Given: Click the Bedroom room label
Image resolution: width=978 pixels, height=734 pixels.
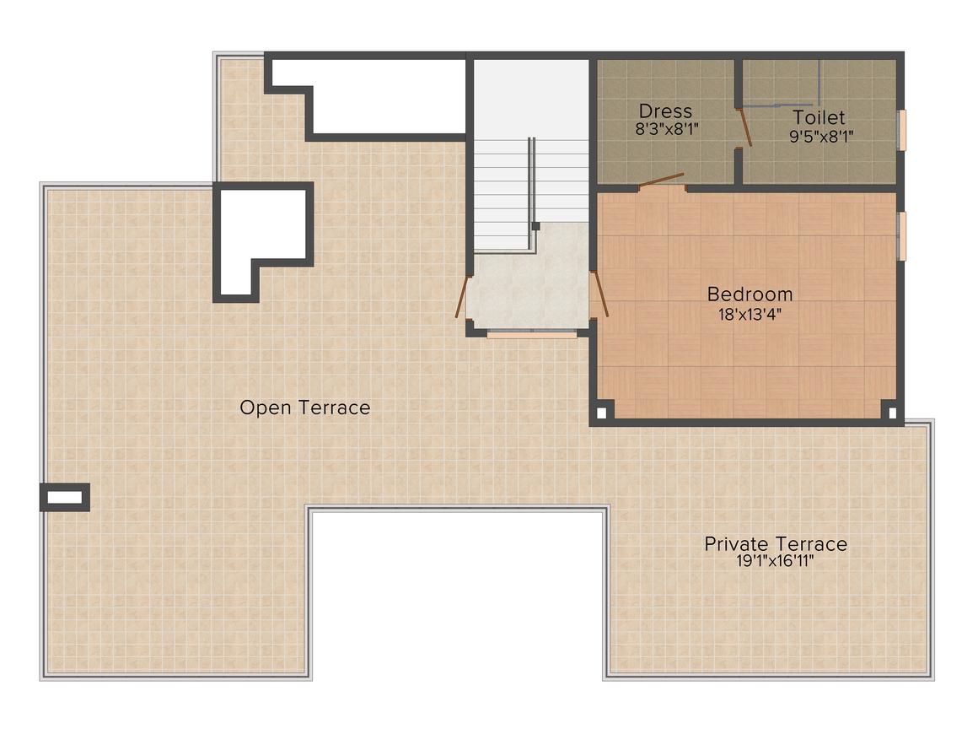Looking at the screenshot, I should (749, 294).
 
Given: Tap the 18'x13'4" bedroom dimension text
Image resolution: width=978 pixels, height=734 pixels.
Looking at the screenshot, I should (749, 315).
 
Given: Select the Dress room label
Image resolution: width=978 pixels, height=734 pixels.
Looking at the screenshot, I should (665, 111).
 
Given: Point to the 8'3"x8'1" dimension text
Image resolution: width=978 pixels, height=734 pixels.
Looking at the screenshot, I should (665, 131).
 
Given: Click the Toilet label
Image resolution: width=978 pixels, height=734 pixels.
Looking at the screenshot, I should (818, 117).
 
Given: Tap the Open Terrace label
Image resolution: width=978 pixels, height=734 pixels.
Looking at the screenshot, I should (304, 407).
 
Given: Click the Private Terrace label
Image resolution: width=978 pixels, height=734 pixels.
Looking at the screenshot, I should (775, 543).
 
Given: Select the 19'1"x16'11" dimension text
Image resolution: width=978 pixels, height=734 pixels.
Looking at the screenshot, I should (775, 562).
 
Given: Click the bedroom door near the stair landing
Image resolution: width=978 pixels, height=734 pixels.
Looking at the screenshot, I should (599, 294).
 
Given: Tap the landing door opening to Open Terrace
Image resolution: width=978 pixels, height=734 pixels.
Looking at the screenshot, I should (461, 297).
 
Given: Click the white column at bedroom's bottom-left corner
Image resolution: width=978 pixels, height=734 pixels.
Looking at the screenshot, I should (602, 413).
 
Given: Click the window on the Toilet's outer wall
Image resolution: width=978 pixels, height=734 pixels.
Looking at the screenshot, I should (900, 130).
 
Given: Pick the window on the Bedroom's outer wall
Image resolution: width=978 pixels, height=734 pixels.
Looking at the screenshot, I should (900, 236).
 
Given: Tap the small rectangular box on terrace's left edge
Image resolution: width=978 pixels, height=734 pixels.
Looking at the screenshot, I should (65, 498).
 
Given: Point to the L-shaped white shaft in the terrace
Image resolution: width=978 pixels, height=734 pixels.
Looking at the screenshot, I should (261, 228).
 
